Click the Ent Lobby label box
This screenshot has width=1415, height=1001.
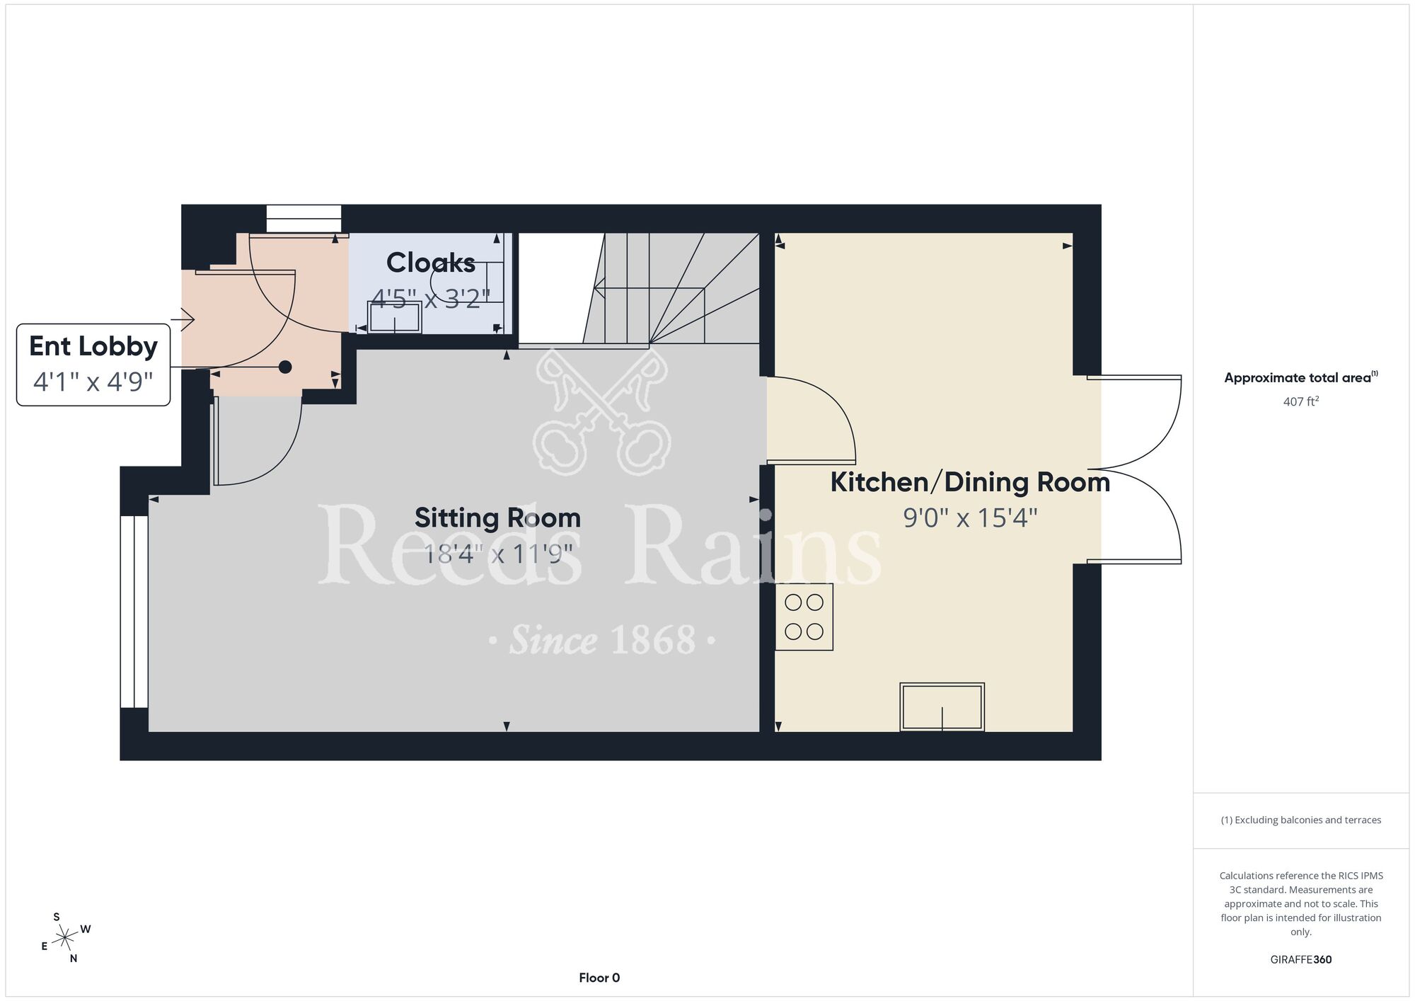[93, 365]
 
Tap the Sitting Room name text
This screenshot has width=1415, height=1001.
[497, 517]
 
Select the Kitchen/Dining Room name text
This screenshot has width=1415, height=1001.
[970, 482]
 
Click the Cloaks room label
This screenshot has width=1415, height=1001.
[430, 263]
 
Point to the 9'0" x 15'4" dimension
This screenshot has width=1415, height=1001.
[970, 518]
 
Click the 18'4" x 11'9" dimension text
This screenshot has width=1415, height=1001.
[497, 554]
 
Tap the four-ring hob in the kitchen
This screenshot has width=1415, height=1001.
[804, 617]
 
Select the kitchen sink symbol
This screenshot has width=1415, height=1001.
[942, 707]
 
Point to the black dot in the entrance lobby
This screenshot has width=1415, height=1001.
[285, 367]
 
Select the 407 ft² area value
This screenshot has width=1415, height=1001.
[1301, 401]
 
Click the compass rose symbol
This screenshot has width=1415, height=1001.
[66, 938]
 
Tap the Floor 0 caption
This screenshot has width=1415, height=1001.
[599, 978]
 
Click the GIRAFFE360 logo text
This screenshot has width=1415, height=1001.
[1301, 960]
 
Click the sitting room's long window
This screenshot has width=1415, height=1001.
[134, 612]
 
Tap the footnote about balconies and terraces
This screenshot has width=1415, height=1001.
[1301, 820]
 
